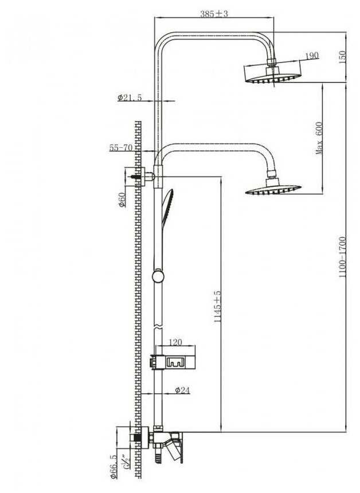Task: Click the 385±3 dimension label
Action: pyautogui.click(x=214, y=14)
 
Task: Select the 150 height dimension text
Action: pyautogui.click(x=343, y=58)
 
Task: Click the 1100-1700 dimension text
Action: pyautogui.click(x=342, y=257)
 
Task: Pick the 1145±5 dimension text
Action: pyautogui.click(x=217, y=307)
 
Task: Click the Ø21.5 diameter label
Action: pyautogui.click(x=130, y=98)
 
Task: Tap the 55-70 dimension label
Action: pyautogui.click(x=121, y=147)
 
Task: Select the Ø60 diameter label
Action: pyautogui.click(x=122, y=199)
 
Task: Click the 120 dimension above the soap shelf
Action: pyautogui.click(x=175, y=342)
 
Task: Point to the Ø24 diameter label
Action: pyautogui.click(x=182, y=390)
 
